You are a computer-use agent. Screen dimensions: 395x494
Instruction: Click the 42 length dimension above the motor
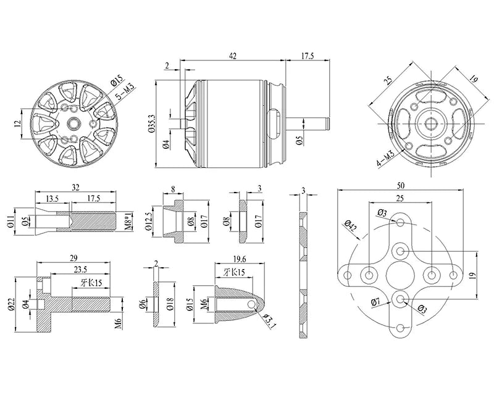click(232, 56)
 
